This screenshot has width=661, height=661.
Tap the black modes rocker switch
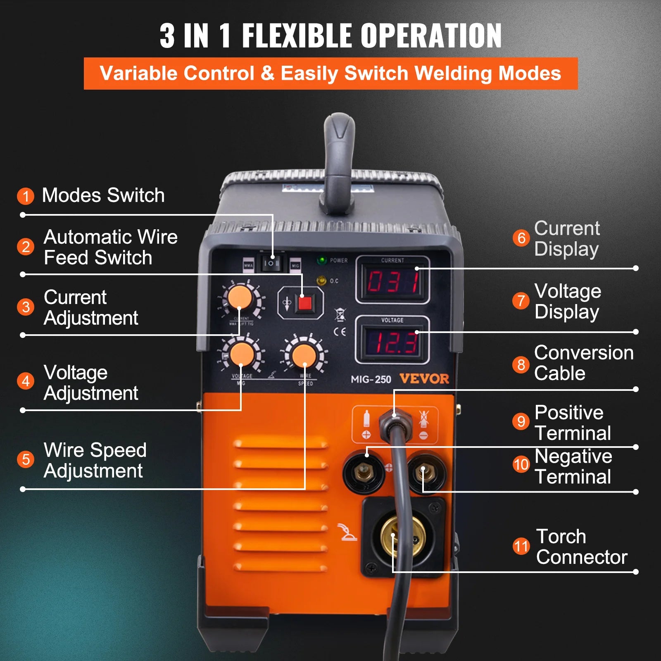(x=272, y=263)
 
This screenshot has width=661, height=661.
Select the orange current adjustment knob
(x=240, y=297)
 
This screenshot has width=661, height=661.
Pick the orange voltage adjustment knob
(x=242, y=355)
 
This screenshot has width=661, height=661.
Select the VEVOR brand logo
(x=424, y=379)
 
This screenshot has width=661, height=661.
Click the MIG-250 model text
(x=371, y=379)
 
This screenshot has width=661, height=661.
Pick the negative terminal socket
(x=426, y=471)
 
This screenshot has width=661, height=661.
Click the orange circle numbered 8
(x=521, y=365)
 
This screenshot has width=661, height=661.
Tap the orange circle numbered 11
(x=521, y=546)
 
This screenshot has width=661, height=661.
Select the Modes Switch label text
(x=103, y=195)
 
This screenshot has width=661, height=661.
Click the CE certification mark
(x=340, y=332)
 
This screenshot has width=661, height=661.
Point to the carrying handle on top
(x=339, y=161)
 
